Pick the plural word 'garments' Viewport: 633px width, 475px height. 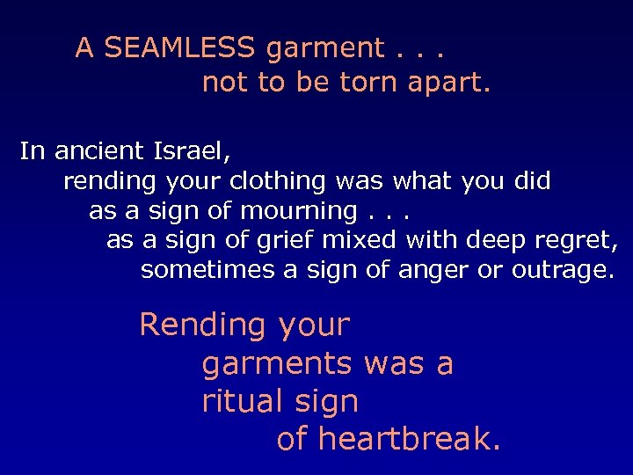pyautogui.click(x=276, y=364)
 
